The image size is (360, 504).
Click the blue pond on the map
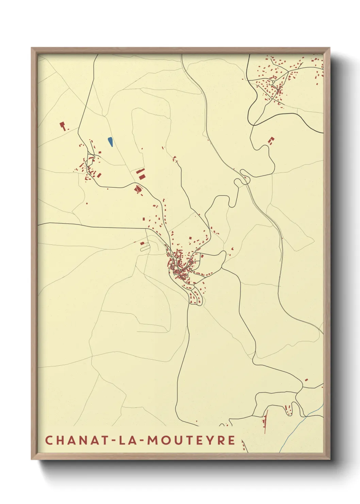pos(110,142)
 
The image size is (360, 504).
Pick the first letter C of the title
pos(49,440)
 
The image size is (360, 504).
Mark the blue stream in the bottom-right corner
pos(299,426)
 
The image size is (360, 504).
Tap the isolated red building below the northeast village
pos(271,141)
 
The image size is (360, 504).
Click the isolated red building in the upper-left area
pos(62,126)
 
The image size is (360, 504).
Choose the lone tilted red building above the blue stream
pos(306,380)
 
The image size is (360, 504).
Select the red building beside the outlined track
pos(143,243)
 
